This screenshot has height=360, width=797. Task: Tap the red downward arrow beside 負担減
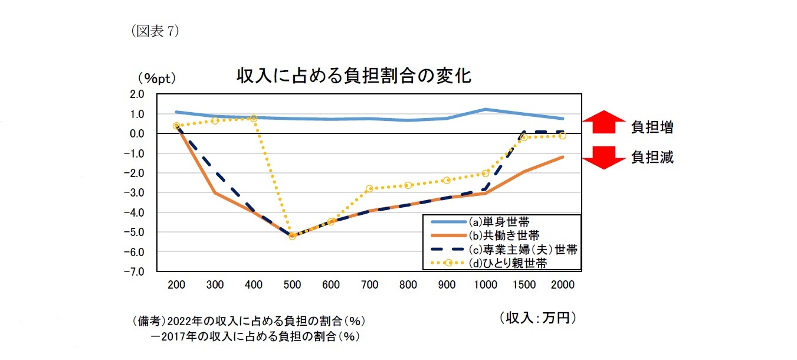tap(604, 158)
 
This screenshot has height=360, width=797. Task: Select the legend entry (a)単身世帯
tap(498, 222)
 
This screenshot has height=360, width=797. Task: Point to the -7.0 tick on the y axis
tap(136, 272)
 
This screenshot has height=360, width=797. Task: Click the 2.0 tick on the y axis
tap(136, 94)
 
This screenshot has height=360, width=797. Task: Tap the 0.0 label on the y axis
tap(136, 133)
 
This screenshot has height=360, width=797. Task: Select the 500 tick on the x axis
tap(292, 284)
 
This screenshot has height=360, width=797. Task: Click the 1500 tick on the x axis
tap(524, 284)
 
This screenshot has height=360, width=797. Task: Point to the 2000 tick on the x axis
tap(562, 284)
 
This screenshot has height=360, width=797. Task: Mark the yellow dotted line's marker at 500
tap(292, 236)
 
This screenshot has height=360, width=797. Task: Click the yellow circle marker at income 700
tap(369, 189)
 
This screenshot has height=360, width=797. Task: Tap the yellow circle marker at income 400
tap(254, 119)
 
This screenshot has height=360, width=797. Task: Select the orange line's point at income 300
tap(215, 193)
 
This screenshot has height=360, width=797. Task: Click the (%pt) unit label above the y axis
tap(157, 78)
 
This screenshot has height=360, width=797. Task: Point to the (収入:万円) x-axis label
tap(536, 318)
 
